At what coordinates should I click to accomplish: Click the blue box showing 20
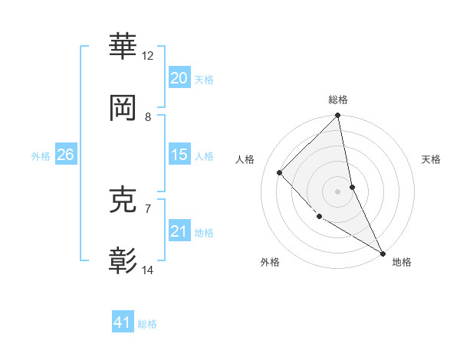179,77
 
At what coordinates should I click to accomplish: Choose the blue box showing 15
179,155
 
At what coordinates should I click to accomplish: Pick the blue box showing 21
179,231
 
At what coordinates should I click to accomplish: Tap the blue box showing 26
65,155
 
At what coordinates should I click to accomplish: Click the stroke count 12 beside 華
148,56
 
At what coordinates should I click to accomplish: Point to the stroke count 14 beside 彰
148,270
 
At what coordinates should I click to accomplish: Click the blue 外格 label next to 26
41,155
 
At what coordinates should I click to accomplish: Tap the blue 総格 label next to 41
147,324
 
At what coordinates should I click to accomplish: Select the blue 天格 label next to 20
204,79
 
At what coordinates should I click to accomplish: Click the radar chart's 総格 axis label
338,100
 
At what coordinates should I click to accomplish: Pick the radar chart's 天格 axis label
431,159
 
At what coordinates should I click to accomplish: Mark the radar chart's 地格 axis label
402,262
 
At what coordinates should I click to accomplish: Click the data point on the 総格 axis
338,116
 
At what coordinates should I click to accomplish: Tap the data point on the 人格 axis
280,172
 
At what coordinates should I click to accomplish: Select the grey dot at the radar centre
338,191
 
